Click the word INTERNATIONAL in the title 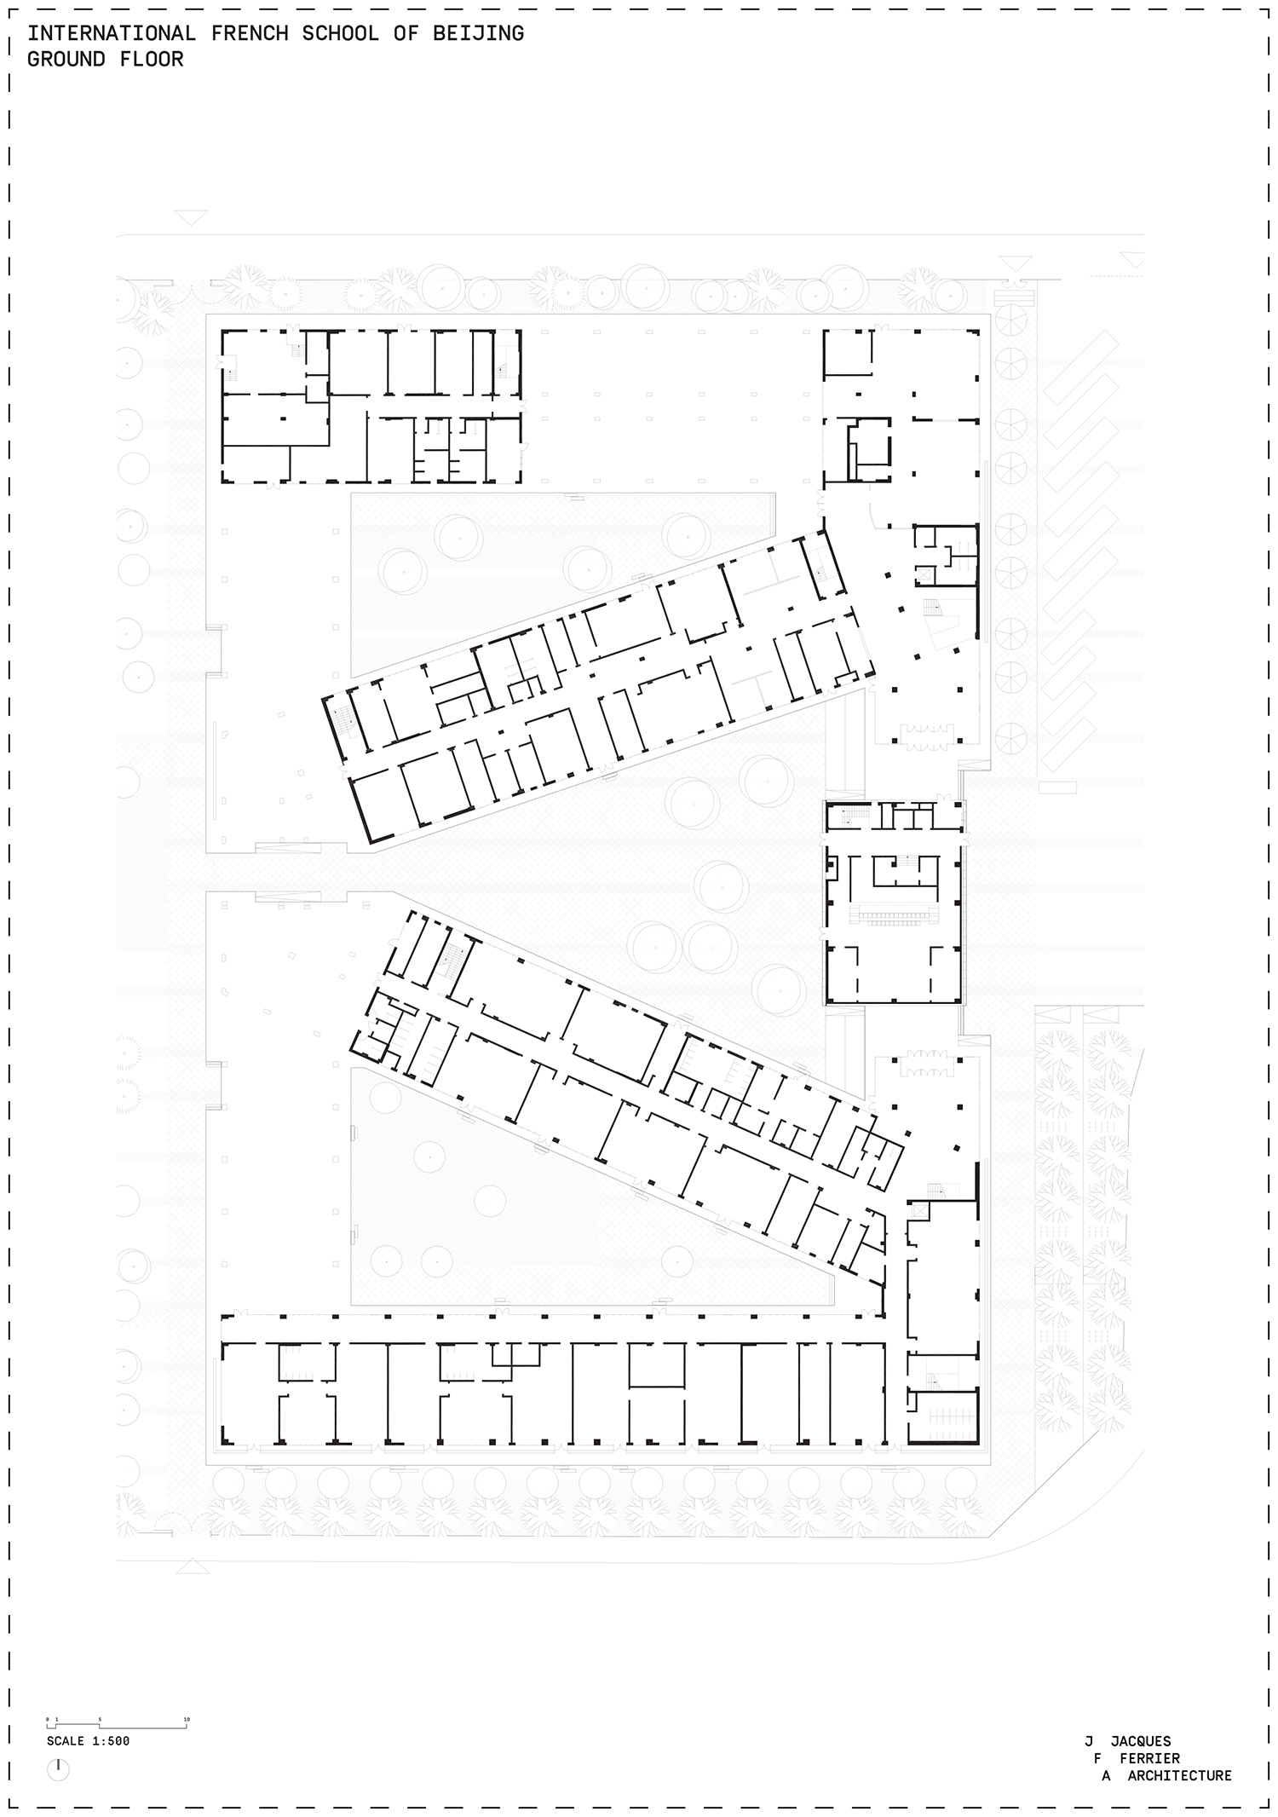(x=111, y=34)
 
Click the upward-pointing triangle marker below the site (x=193, y=1566)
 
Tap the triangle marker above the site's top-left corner (x=192, y=218)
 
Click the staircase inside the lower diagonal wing (x=452, y=959)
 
